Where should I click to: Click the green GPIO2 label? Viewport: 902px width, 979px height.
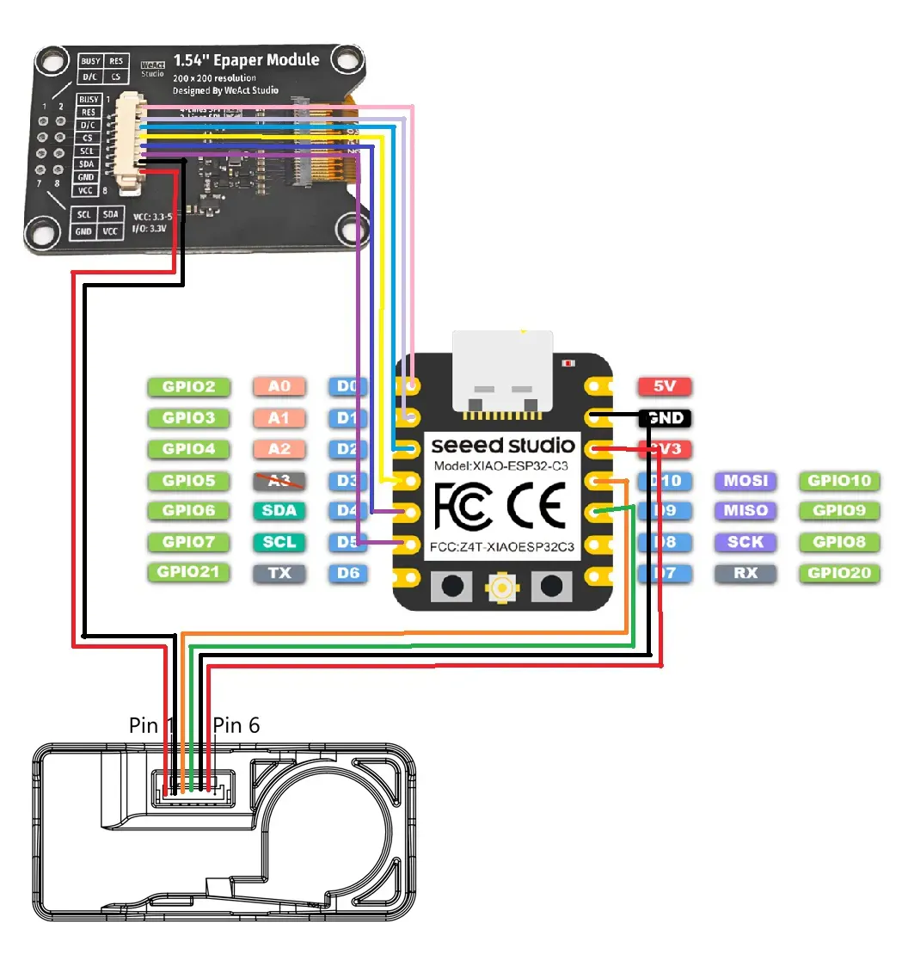tap(188, 387)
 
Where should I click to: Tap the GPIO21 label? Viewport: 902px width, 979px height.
tap(188, 573)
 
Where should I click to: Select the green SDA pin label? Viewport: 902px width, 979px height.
tap(279, 511)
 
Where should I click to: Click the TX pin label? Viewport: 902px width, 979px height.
tap(279, 573)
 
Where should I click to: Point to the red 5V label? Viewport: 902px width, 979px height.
tap(665, 387)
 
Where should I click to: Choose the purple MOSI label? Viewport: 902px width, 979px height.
tap(746, 481)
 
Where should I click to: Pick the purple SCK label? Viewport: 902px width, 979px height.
tap(746, 542)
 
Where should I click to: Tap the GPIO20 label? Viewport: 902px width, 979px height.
tap(838, 573)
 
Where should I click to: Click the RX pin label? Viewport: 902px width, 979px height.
tap(746, 573)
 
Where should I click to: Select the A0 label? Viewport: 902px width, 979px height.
tap(279, 387)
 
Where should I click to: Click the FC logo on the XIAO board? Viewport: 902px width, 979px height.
tap(463, 505)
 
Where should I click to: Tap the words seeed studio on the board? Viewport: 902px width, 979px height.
tap(503, 446)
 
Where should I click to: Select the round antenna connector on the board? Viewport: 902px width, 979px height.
tap(501, 588)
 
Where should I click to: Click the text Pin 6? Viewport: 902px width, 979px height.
tap(236, 725)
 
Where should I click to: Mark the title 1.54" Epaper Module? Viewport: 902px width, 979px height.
tap(246, 60)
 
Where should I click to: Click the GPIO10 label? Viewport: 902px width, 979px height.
tap(838, 481)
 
